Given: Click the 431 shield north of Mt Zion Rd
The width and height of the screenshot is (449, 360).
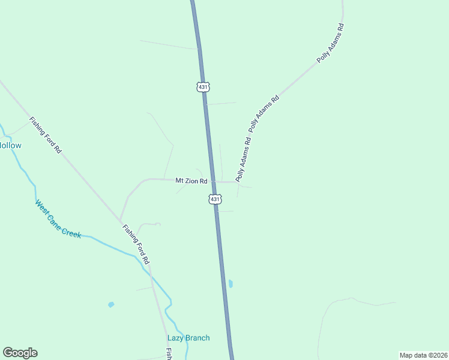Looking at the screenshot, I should [203, 87].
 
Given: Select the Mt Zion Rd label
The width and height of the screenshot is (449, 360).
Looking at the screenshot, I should [191, 180].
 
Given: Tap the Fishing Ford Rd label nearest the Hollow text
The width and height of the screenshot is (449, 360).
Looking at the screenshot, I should [45, 135].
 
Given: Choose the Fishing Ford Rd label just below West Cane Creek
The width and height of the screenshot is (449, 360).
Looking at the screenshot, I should [136, 245].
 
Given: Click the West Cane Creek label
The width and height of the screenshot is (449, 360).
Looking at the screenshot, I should [58, 218].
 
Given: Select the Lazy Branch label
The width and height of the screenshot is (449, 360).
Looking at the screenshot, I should [188, 338].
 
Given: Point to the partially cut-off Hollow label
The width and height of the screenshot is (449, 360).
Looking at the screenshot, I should [10, 145].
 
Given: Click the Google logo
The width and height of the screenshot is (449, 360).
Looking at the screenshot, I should [20, 353].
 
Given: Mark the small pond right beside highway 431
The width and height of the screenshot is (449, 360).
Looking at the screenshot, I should [231, 284].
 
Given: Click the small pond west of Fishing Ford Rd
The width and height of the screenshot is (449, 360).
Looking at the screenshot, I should [111, 305].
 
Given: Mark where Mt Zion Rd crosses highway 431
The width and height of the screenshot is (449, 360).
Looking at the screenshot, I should [212, 181].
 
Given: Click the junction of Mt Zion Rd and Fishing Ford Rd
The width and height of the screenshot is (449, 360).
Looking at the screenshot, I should [121, 219].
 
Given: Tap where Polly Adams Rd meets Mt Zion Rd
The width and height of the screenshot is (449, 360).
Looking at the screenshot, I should [238, 182].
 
